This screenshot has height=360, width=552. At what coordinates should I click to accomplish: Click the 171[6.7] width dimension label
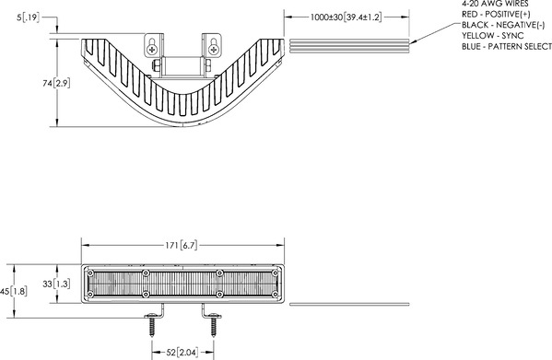point(182,245)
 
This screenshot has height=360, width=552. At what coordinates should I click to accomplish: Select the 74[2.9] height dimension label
point(56,83)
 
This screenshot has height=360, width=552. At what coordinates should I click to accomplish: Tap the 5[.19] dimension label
point(29,17)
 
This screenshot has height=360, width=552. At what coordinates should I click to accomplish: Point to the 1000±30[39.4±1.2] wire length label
point(346,17)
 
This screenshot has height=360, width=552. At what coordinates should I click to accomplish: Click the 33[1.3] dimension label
point(56,284)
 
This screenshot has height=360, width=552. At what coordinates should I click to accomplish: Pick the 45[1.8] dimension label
point(14,291)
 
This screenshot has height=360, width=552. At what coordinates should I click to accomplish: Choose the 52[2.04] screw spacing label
point(182,352)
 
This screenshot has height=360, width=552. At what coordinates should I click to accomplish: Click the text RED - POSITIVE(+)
point(496,14)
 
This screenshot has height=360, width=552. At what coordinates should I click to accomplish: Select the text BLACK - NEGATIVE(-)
point(503,25)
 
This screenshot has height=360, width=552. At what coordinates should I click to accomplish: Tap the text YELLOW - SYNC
point(492,36)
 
